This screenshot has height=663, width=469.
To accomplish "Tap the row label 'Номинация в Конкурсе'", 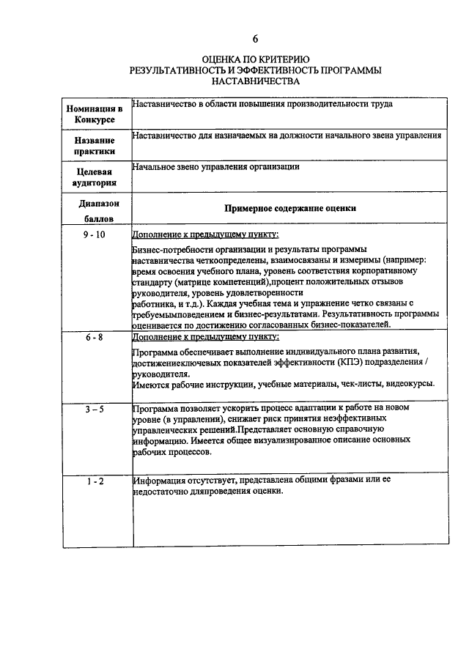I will (95, 114).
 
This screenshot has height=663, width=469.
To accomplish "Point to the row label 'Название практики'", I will (95, 146).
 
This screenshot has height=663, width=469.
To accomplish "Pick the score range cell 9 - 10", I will (95, 234).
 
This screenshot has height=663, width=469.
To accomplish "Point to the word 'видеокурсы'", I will (411, 383).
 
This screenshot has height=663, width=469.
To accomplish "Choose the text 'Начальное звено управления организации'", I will (216, 167).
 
